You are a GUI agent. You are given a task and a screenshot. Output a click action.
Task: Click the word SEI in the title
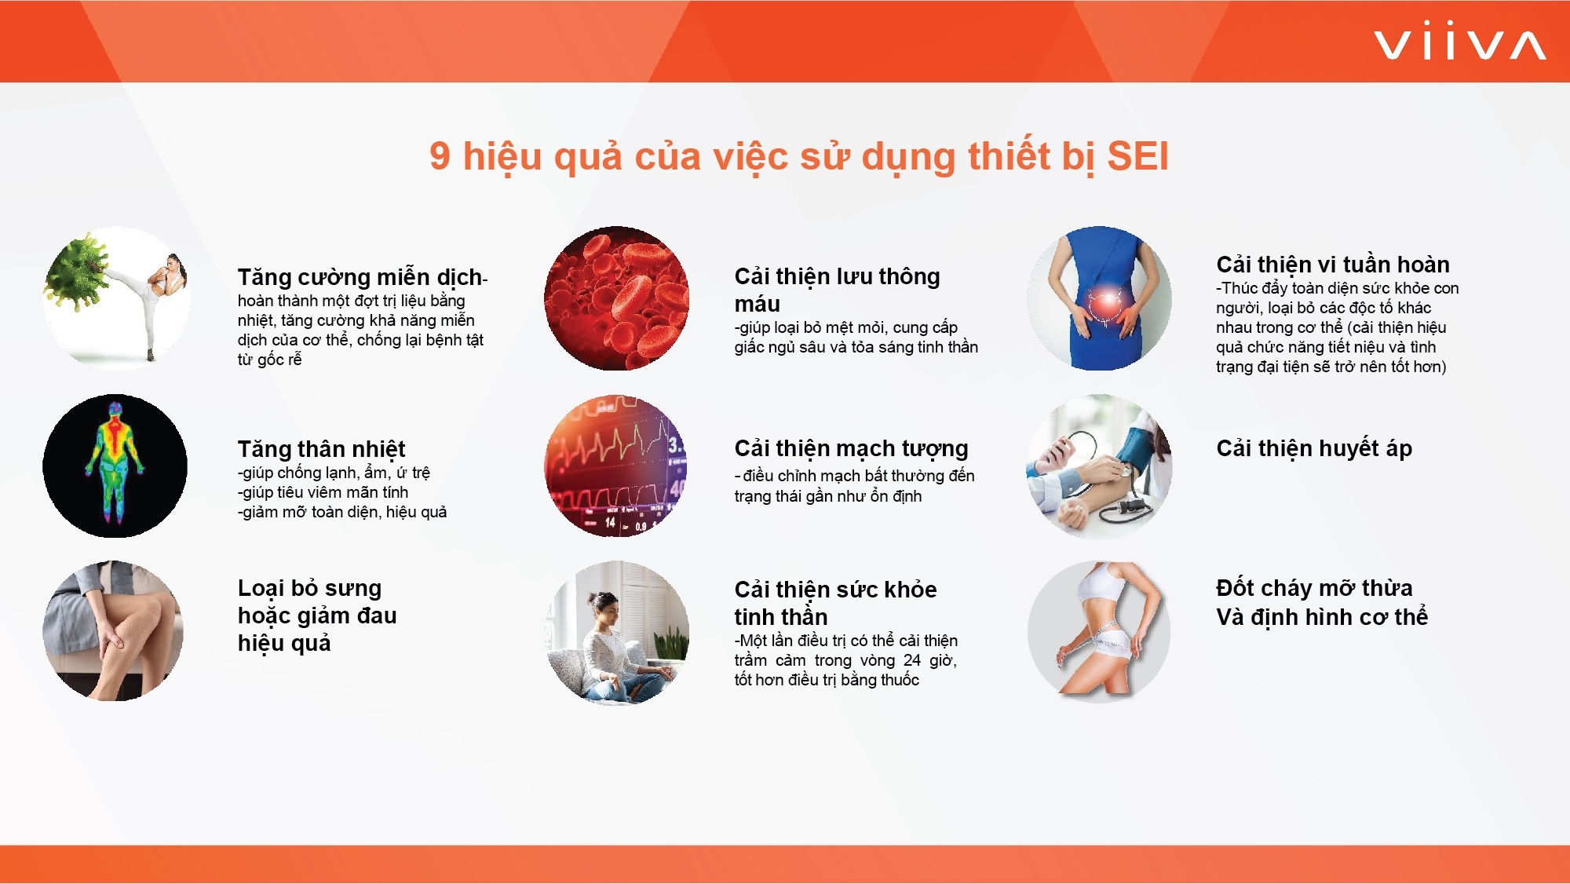[1137, 156]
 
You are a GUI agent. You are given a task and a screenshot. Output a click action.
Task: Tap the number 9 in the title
[440, 156]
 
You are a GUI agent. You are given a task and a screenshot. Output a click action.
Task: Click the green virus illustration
[78, 272]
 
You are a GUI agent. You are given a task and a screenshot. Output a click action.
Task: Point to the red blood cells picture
[617, 298]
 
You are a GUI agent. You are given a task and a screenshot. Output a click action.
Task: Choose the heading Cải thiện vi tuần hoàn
[1333, 265]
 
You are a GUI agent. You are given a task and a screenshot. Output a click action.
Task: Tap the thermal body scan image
[115, 466]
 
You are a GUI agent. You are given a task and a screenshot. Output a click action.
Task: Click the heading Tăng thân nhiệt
[321, 449]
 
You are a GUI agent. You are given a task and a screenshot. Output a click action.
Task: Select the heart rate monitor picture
[617, 466]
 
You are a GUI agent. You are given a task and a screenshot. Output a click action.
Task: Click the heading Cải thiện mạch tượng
[851, 448]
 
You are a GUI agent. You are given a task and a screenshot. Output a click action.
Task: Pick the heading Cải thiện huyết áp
[1314, 448]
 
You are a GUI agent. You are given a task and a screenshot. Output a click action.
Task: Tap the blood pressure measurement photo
[1099, 466]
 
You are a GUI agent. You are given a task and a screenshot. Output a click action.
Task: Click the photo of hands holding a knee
[115, 631]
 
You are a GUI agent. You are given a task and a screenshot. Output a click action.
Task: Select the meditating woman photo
[617, 632]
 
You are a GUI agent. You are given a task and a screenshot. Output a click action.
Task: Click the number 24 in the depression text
[911, 660]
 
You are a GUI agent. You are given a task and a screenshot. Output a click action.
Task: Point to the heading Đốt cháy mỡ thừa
[1314, 588]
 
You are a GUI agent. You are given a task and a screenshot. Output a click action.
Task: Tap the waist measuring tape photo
[1099, 632]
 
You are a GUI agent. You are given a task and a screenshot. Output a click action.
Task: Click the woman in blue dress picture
[1099, 298]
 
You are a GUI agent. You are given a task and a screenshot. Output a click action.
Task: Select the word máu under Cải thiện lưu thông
[757, 304]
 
